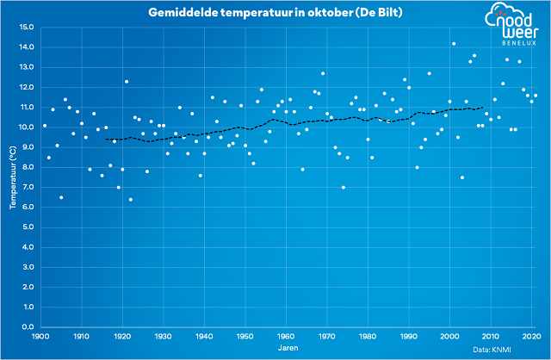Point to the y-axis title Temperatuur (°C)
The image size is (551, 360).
[x=13, y=177]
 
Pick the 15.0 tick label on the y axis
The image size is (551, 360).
[x=25, y=27]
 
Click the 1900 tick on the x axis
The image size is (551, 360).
[x=40, y=336]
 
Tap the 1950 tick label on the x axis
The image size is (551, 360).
[x=245, y=336]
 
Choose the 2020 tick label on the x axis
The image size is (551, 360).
[x=532, y=336]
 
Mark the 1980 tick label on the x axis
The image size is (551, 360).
[x=368, y=336]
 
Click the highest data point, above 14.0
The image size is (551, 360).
[x=454, y=44]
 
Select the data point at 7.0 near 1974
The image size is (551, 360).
[x=344, y=187]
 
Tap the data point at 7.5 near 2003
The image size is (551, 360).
[x=462, y=177]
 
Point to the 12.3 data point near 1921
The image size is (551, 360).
[x=127, y=82]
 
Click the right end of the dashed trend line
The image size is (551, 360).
[x=483, y=107]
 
